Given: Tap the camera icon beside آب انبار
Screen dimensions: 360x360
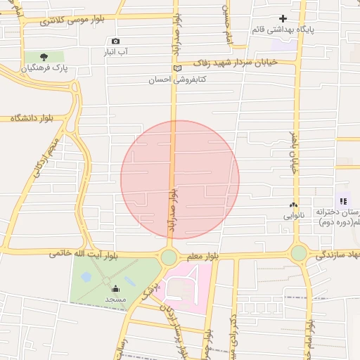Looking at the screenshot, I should point(115,41).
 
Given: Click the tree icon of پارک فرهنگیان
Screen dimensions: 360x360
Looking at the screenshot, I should point(44,56).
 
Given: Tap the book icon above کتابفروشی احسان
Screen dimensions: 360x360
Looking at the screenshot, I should point(177,68).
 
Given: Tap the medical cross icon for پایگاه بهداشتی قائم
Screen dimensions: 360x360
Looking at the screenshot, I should point(283,18).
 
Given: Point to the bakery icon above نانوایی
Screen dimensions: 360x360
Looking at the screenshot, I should point(294,205).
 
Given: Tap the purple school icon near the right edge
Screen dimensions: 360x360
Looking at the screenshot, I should point(343,201).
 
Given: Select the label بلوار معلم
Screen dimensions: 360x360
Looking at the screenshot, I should point(205,257).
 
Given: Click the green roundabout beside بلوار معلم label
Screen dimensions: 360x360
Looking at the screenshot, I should point(169,257).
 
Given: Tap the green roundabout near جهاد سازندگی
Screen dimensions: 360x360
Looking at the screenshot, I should point(300,252).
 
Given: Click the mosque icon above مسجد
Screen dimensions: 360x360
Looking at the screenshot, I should point(115,288).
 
